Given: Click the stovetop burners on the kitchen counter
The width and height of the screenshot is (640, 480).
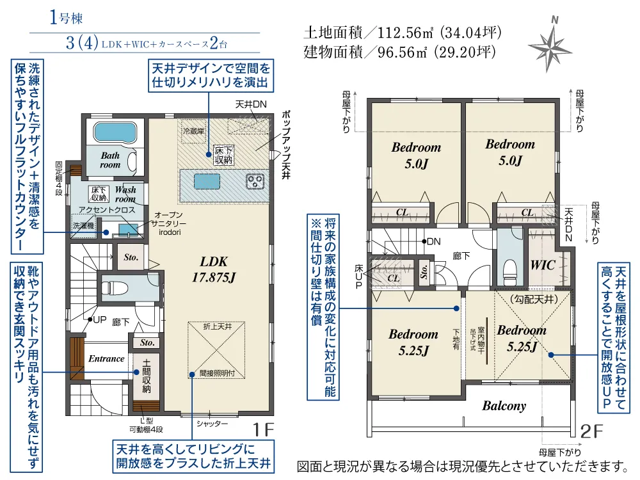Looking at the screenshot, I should coord(256,181).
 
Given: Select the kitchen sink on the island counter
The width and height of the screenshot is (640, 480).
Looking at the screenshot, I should coord(208,182).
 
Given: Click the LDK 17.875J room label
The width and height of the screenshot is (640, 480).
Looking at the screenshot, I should coord(214,269).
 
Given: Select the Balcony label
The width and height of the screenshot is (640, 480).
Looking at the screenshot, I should coord(504,406).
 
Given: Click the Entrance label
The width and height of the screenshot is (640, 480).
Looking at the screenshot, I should coord(106,358).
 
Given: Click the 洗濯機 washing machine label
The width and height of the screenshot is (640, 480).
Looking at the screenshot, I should coord(83,226).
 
